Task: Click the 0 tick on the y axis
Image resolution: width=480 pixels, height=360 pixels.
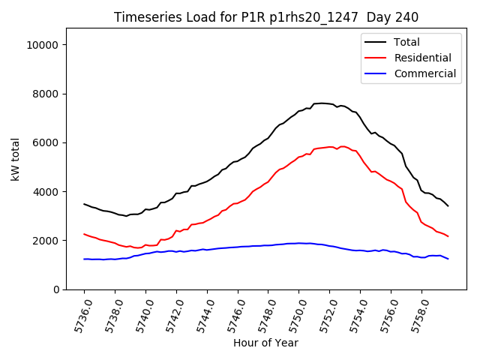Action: coord(55,289)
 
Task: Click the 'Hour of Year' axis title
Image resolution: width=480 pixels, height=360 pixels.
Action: coord(265,343)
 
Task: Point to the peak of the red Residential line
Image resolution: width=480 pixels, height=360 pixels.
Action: coord(342,146)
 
